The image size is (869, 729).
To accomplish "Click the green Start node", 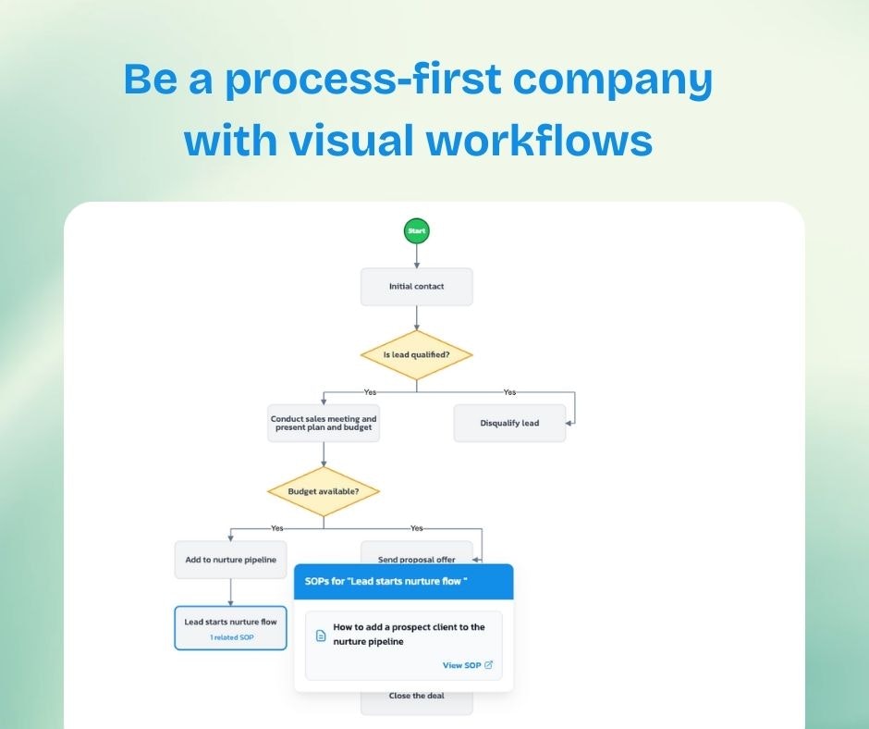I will point(416,230).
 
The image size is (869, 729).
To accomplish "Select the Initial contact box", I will point(416,287).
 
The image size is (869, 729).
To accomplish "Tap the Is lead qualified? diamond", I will point(416,355).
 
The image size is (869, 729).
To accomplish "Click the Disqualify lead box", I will point(509,423).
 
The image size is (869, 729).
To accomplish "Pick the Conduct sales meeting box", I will point(324,424).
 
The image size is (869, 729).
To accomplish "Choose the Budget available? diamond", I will point(324,490).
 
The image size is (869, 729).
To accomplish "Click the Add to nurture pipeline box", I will point(230,560).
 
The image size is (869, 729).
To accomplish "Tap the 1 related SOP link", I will point(231,637).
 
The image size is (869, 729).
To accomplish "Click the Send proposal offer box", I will point(416,553).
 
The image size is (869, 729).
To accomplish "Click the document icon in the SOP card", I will point(321,636).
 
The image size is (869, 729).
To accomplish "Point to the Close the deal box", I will point(416,699).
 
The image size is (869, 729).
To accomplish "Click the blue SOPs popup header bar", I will point(403,581).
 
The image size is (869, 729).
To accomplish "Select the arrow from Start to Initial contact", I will point(416,255).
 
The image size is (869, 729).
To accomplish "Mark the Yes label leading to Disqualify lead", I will point(509,391).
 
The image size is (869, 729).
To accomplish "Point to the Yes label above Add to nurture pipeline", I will point(276,528).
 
